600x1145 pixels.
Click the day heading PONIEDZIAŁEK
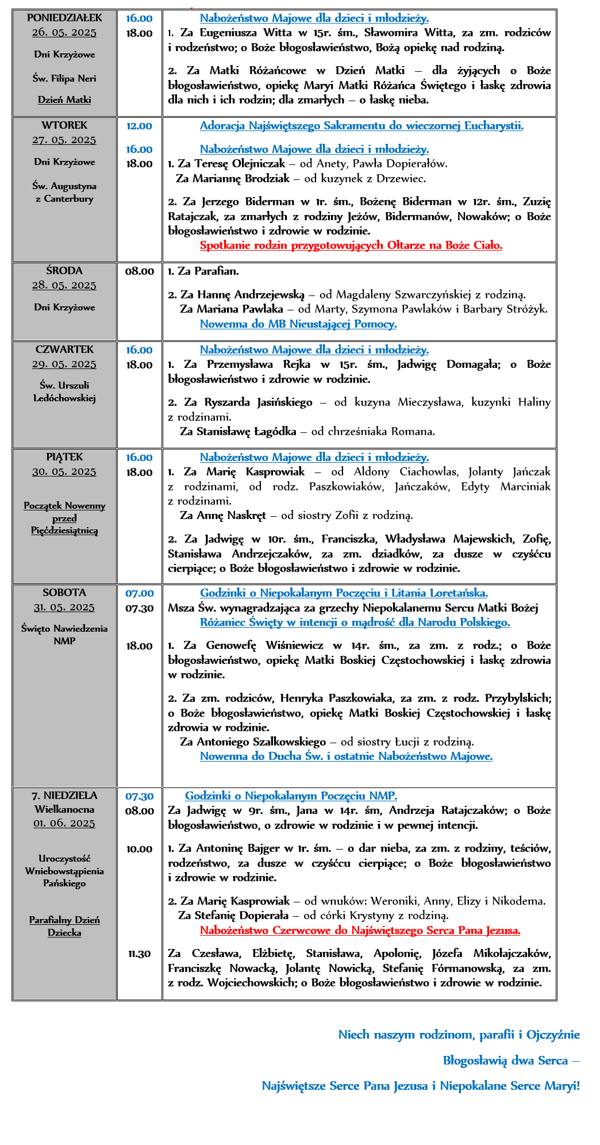click(64, 18)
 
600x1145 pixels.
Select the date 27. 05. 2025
click(64, 140)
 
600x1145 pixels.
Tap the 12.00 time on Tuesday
click(139, 126)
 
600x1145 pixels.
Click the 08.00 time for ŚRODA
click(139, 271)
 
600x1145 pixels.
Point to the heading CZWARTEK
click(64, 349)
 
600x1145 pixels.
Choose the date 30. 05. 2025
click(64, 472)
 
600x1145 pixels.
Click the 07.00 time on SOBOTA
click(139, 593)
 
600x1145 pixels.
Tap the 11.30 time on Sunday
click(139, 954)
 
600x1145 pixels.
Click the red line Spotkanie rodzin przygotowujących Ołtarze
click(351, 245)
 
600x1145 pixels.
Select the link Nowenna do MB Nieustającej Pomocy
click(298, 324)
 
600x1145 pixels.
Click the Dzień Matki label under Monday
click(64, 99)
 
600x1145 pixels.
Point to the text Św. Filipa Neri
click(64, 78)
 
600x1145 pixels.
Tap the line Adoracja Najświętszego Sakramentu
click(361, 126)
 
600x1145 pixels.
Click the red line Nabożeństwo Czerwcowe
click(360, 930)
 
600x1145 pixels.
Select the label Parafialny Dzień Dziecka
click(64, 926)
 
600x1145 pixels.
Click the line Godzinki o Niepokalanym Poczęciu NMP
click(291, 796)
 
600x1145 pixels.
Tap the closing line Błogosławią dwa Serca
click(511, 1061)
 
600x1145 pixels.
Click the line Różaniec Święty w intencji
click(355, 623)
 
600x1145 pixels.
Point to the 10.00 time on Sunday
click(139, 849)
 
